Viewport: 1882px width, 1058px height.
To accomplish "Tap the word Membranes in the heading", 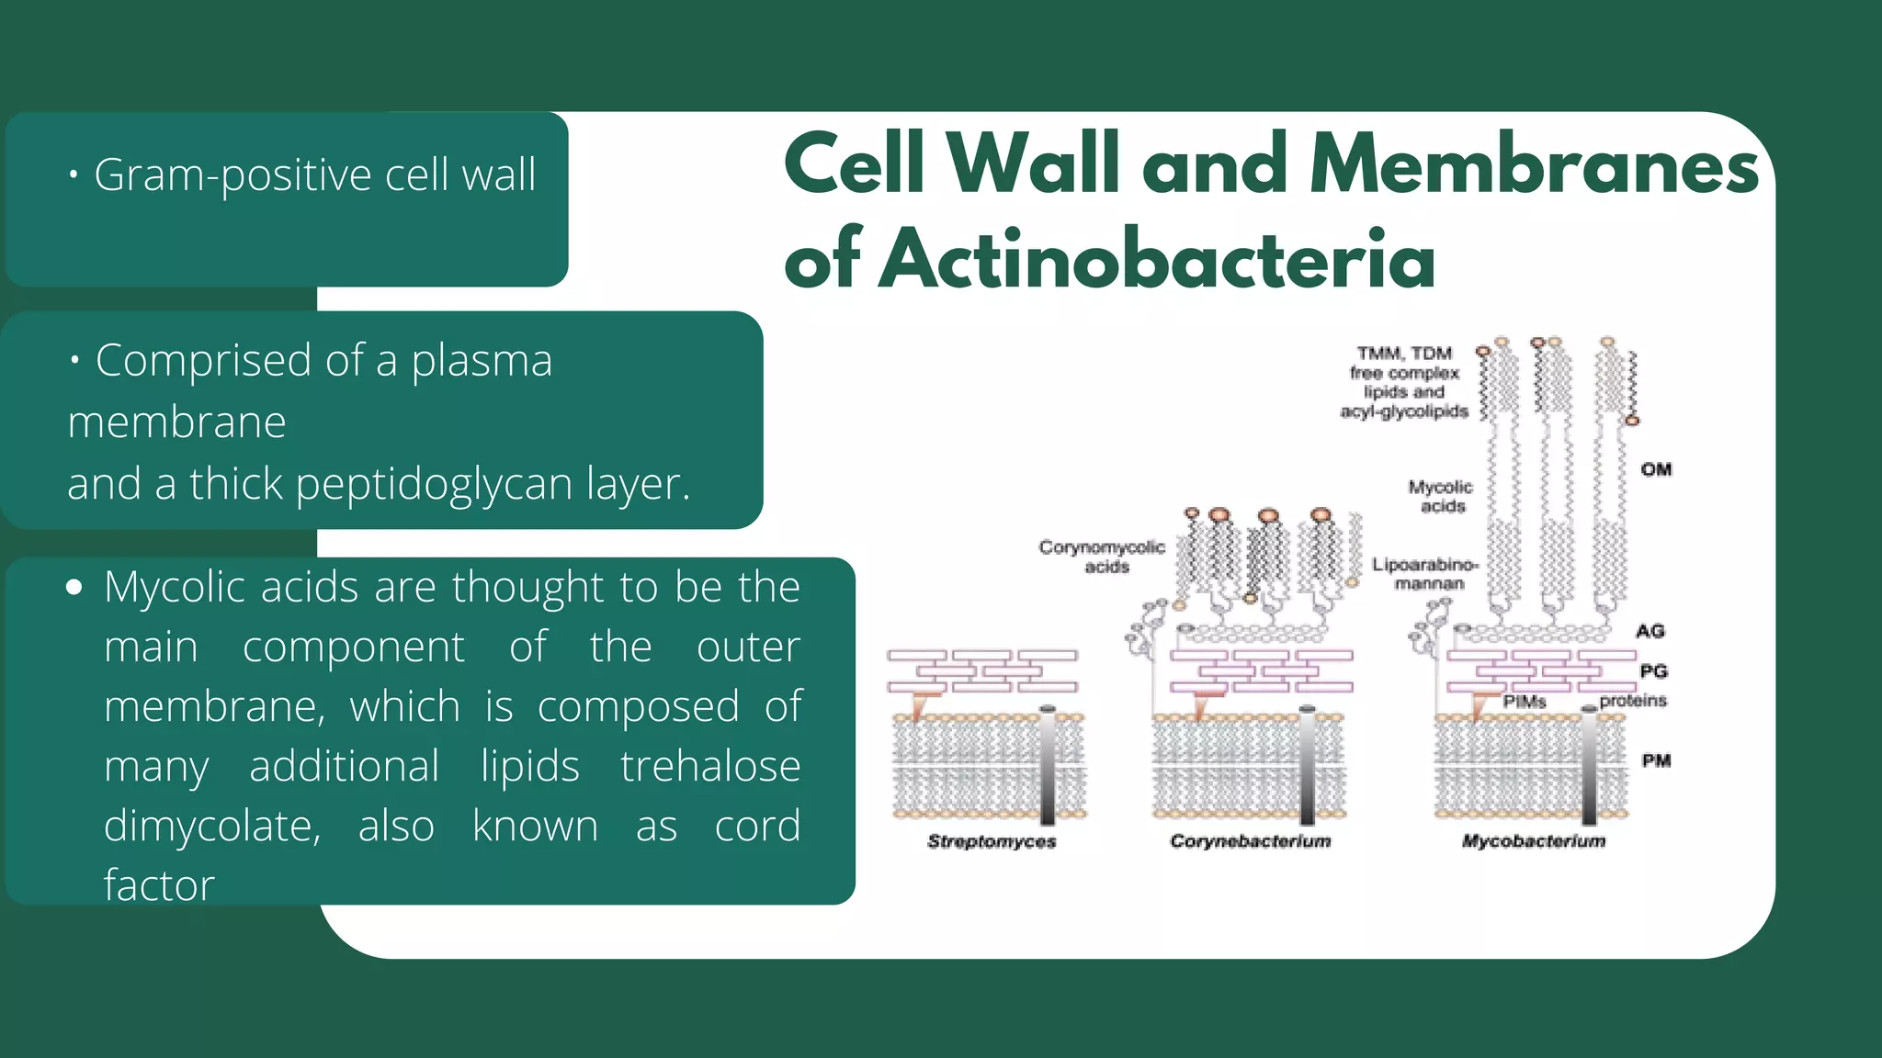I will (1533, 165).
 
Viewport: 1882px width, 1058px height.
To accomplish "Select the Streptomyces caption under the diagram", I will (992, 841).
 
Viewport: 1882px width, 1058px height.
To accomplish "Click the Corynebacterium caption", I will (1250, 841).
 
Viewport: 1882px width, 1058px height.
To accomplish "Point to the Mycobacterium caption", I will (1533, 841).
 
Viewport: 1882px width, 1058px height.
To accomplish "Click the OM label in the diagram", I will (1656, 469).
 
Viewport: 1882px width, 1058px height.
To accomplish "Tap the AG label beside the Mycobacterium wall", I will (1650, 631).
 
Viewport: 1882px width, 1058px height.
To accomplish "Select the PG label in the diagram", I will (1653, 671).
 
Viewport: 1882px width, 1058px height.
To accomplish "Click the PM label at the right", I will (1656, 760).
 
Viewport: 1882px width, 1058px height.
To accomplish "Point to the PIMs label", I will (1525, 702).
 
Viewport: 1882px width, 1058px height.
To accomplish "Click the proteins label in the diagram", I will (1632, 701).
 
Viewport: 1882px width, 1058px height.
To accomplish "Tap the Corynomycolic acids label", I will (1102, 557).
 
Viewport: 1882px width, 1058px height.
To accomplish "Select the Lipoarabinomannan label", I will (1425, 574).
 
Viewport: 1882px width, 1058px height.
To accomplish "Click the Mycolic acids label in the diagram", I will (1440, 496).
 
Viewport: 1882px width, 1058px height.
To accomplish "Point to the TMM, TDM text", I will (1404, 354).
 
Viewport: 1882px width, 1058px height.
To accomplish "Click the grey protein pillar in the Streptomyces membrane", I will (1048, 767).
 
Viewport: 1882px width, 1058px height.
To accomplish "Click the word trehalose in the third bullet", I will (709, 766).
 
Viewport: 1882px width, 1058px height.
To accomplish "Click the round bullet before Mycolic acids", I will (74, 587).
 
